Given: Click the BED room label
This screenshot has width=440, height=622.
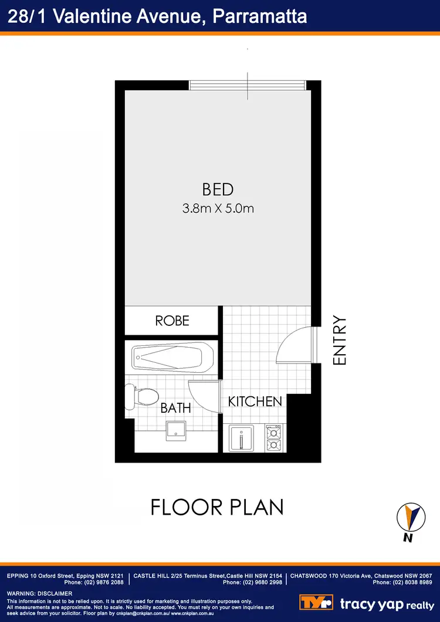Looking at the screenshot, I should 218,189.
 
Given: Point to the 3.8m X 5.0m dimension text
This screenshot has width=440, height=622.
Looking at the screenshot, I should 218,208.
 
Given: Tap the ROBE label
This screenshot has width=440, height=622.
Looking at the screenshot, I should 172,321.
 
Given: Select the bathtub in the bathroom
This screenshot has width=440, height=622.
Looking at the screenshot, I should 172,356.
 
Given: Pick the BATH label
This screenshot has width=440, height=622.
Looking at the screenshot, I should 176,408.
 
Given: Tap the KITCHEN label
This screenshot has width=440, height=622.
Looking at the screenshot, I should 255,402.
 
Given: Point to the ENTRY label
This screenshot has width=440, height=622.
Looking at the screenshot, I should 340,341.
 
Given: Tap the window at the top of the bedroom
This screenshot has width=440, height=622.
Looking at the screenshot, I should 247,86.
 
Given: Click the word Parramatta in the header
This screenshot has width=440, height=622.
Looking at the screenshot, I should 259,16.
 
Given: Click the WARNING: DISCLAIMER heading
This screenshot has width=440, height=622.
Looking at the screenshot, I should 39,594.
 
